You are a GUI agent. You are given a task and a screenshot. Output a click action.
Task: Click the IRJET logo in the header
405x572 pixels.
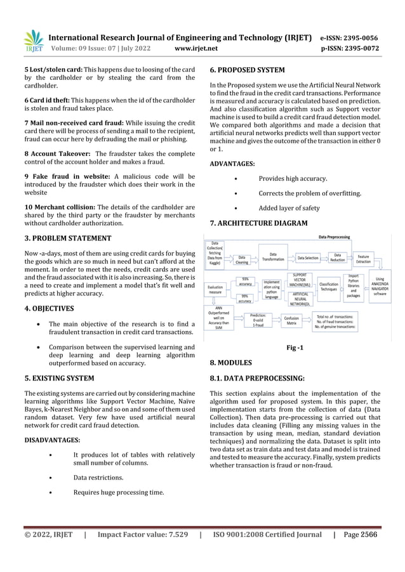point(33,41)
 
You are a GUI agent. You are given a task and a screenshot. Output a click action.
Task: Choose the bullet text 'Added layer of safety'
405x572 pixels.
point(289,208)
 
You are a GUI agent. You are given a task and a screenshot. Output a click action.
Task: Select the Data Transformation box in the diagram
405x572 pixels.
point(273,257)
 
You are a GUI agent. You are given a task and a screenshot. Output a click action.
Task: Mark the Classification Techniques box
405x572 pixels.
point(328,287)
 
